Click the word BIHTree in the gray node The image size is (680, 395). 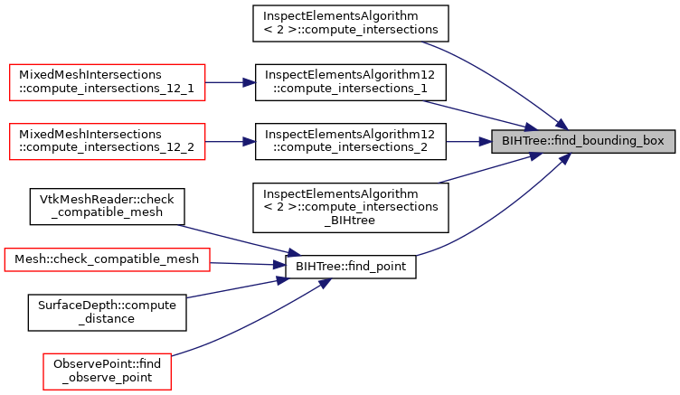tap(524, 142)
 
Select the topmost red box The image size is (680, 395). tap(108, 82)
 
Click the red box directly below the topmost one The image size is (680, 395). tap(108, 142)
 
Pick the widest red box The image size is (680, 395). tap(107, 259)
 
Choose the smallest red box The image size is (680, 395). tap(107, 371)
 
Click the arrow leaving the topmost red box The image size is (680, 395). tap(231, 82)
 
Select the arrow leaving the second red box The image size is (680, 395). tap(231, 142)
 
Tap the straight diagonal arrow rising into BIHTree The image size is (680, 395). tap(488, 169)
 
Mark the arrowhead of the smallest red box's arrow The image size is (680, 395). tap(325, 283)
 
